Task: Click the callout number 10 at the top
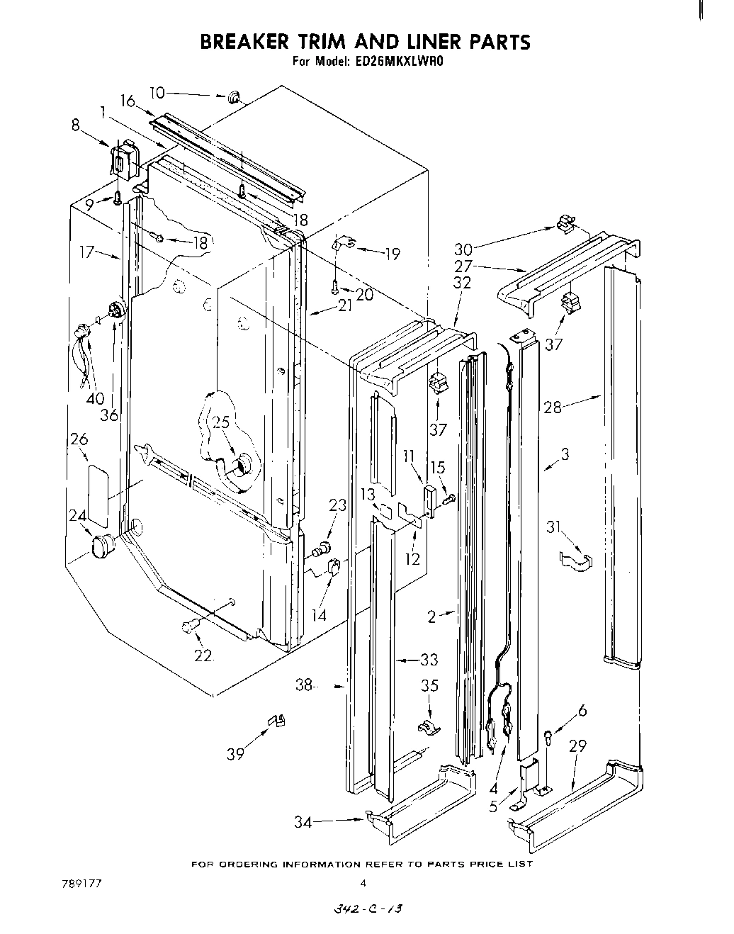157,92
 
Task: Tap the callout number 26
79,439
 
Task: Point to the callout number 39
235,753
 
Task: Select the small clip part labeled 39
276,721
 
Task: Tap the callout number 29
577,746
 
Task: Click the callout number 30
463,249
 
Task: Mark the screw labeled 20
334,286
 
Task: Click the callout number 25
221,422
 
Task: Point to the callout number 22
203,656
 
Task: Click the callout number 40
95,398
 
